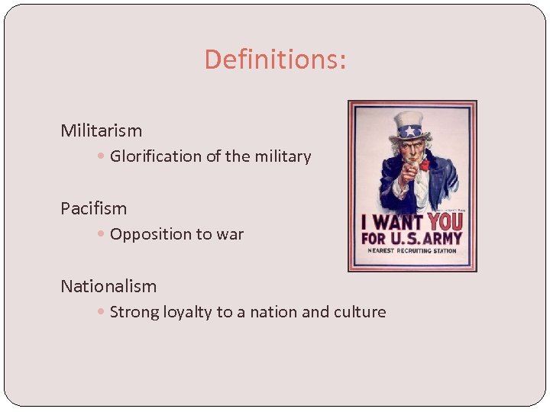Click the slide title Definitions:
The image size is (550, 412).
pyautogui.click(x=275, y=60)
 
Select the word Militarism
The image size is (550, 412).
pyautogui.click(x=102, y=130)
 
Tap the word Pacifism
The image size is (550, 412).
pyautogui.click(x=94, y=208)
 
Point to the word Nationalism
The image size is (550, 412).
pyautogui.click(x=108, y=287)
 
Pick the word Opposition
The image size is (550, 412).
pyautogui.click(x=150, y=234)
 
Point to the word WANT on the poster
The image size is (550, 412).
pyautogui.click(x=397, y=223)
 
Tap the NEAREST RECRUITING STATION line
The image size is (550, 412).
pyautogui.click(x=412, y=250)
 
